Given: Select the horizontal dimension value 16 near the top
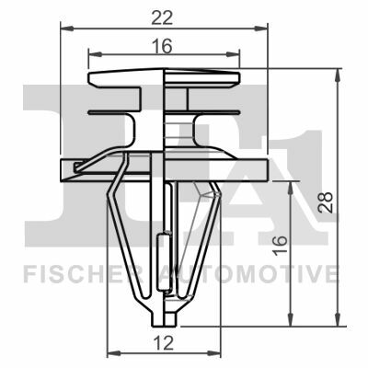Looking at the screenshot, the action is [162, 47].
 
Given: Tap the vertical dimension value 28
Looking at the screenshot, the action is [326, 202].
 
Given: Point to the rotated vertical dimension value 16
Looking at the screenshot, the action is [281, 245].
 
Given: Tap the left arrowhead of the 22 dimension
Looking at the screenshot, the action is [67, 29].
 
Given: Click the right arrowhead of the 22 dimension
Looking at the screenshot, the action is [261, 29].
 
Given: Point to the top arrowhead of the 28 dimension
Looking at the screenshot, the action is [338, 75].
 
